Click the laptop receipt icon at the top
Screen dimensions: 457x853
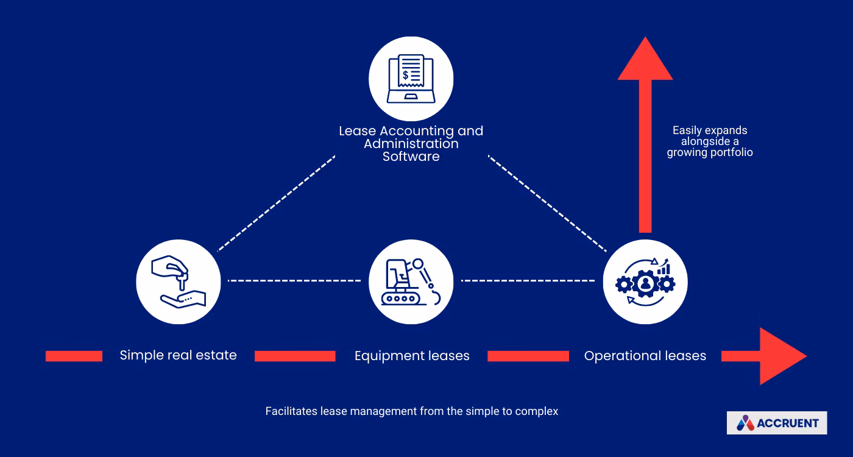[411, 79]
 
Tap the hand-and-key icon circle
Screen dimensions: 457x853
[178, 281]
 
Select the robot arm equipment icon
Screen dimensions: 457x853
[411, 281]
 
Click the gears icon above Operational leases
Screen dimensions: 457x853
[645, 282]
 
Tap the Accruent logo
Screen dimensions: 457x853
[777, 423]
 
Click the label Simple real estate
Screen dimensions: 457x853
[178, 355]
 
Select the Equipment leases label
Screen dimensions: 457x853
[412, 356]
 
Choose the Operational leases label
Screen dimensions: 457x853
[645, 356]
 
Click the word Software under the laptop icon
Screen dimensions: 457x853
[411, 157]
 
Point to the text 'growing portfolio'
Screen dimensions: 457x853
[710, 153]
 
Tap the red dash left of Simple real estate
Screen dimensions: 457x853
[74, 356]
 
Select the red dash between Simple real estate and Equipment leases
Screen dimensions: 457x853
[295, 356]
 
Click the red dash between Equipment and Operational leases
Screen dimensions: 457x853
[528, 356]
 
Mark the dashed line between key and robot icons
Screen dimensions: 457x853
[294, 281]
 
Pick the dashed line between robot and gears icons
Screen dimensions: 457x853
[528, 281]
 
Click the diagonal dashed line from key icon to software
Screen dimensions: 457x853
[276, 203]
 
